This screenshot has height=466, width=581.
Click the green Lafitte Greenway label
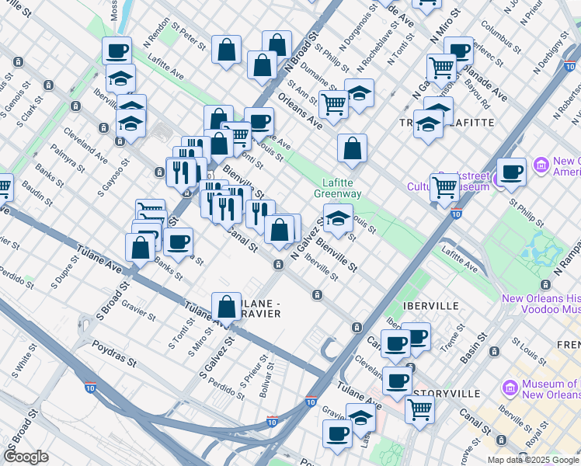339,189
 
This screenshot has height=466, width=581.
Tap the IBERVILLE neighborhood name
431,306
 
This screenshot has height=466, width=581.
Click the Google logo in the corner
26,457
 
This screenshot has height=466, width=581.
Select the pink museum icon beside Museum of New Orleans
510,386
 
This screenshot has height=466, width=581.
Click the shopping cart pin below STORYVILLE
419,409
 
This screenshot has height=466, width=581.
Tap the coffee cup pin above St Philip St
511,172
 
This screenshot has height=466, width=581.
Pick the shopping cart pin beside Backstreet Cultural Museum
445,187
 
